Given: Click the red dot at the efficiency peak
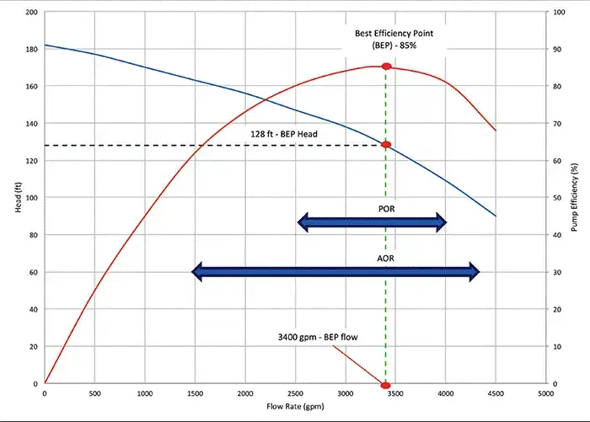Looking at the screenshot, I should click(x=386, y=67).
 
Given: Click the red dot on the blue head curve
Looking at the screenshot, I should click(x=386, y=145).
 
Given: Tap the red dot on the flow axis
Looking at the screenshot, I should click(x=386, y=384).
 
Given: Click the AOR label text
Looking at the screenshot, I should click(x=383, y=259).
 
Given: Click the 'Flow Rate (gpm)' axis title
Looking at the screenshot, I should click(x=295, y=406).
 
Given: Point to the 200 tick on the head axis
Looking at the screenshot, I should click(x=33, y=13).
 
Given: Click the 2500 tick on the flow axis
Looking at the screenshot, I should click(x=295, y=393).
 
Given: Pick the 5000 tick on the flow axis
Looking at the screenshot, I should click(x=546, y=393).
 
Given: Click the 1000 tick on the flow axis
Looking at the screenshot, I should click(x=145, y=393).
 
